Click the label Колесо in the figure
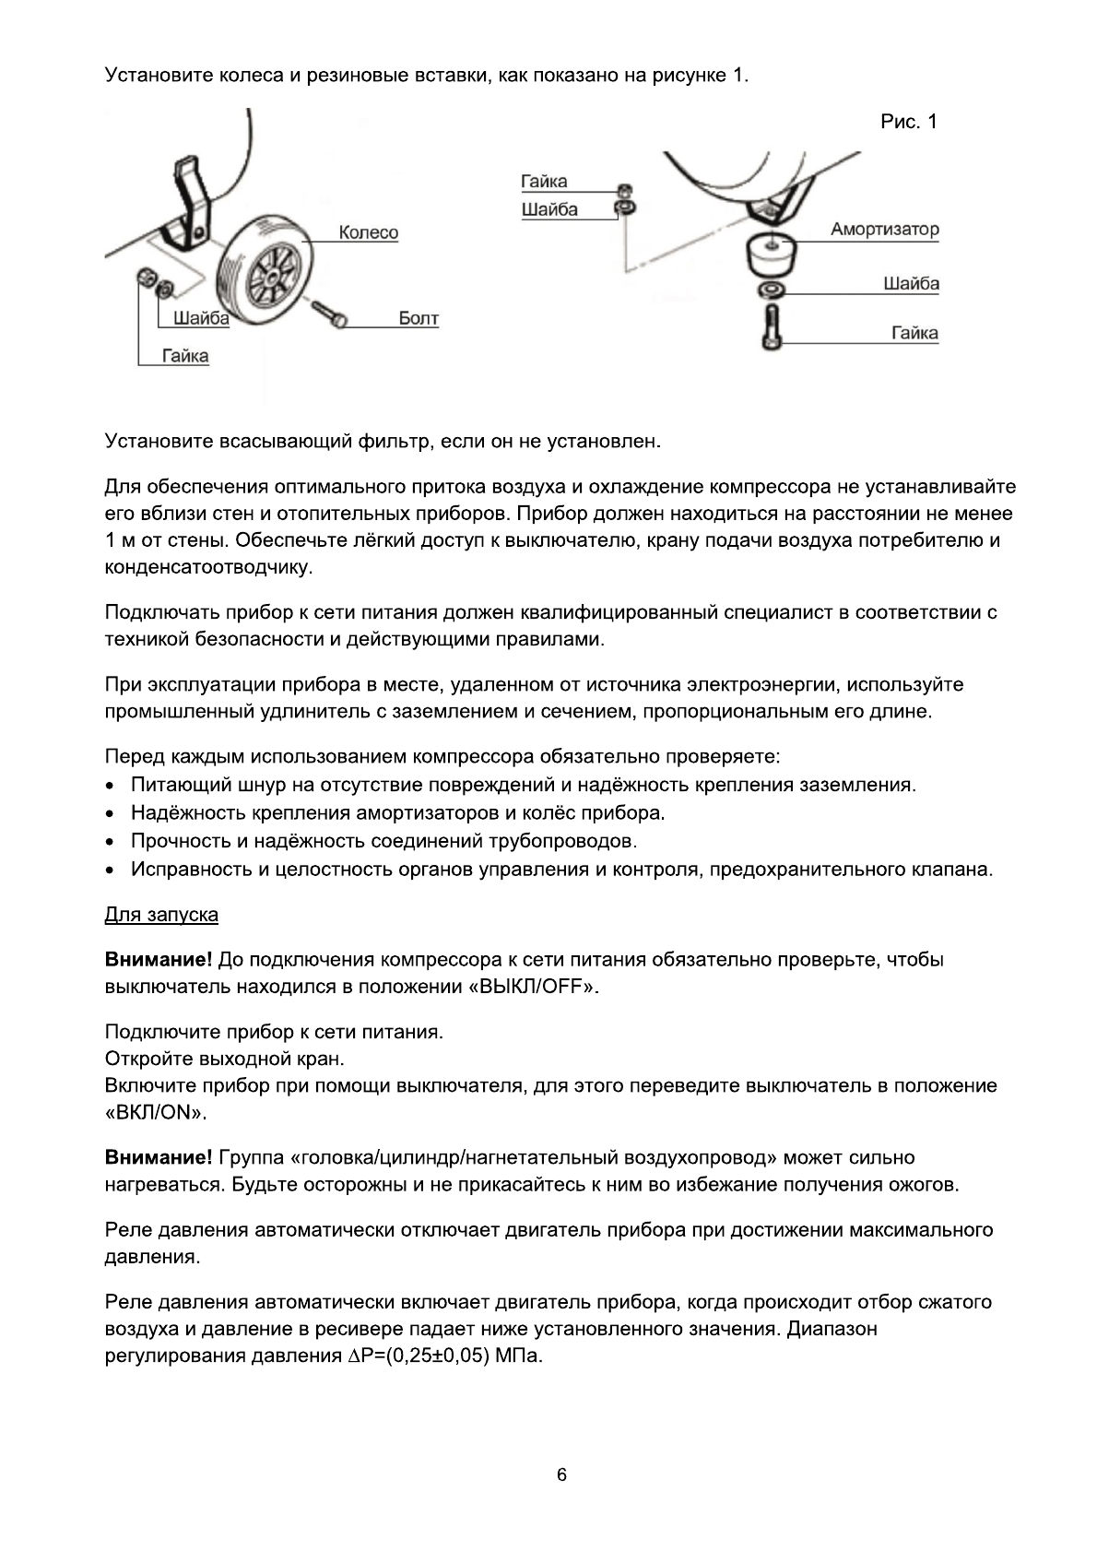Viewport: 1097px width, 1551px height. click(x=368, y=232)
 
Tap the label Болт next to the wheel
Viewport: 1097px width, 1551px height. click(x=419, y=319)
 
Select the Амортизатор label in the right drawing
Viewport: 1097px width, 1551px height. click(x=884, y=229)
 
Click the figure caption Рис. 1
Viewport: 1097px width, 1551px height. click(x=909, y=122)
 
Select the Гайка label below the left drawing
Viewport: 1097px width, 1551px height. click(x=185, y=356)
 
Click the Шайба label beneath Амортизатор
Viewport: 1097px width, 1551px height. click(x=911, y=283)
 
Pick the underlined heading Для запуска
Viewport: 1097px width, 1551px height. click(x=161, y=915)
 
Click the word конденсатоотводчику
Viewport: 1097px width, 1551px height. click(x=209, y=567)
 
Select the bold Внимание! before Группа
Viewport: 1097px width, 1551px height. click(x=159, y=1157)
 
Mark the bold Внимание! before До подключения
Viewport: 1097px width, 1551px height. click(x=159, y=960)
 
